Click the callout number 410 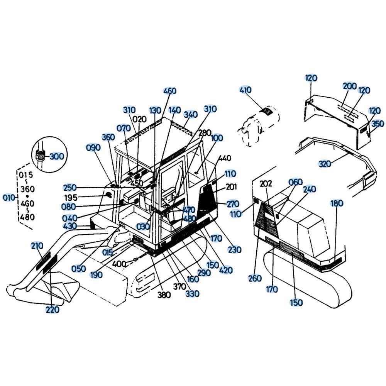point(245,90)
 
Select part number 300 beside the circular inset point(57,156)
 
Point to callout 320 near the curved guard point(325,163)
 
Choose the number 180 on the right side point(336,203)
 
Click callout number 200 point(350,86)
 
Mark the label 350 point(378,124)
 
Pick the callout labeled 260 point(255,278)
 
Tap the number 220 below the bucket point(52,310)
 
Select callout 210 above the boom point(37,245)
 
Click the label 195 point(71,197)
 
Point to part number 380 point(164,295)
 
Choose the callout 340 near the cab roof point(191,115)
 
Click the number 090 point(93,147)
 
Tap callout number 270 point(233,204)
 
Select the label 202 point(266,183)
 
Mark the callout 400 point(119,264)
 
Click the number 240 point(309,189)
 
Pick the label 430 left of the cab point(70,226)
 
